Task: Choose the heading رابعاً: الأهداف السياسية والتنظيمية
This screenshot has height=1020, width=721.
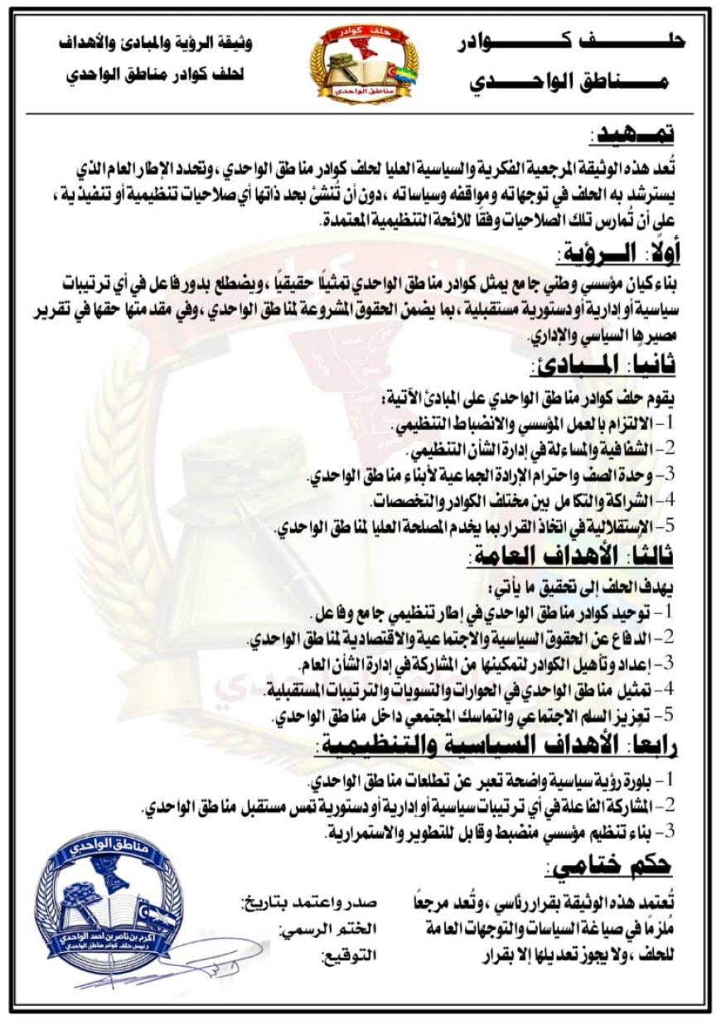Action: [x=496, y=744]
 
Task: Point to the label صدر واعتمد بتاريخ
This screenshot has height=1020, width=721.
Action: [x=309, y=902]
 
